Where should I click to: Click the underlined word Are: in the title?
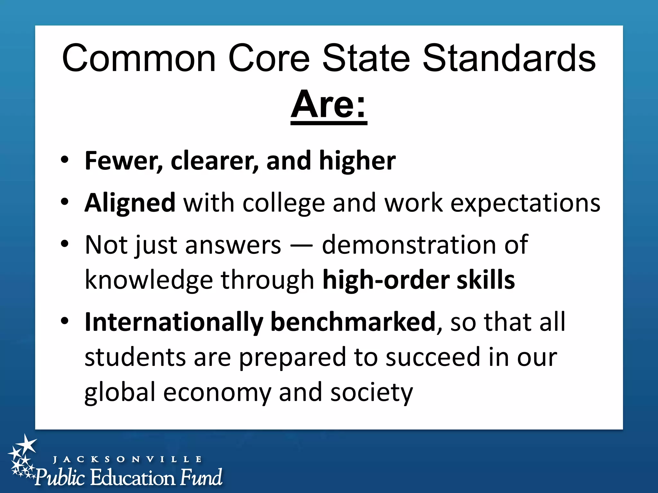[x=328, y=105]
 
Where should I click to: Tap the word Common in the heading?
[x=139, y=59]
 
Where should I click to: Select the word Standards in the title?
[x=509, y=59]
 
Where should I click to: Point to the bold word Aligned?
[x=130, y=203]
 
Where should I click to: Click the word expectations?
[x=525, y=203]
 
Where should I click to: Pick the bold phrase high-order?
[x=386, y=280]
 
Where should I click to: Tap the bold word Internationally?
[x=174, y=322]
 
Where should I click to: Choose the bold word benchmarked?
[x=353, y=322]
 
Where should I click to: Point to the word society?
[x=371, y=393]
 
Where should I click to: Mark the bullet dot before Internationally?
[x=65, y=321]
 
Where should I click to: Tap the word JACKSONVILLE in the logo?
[x=127, y=459]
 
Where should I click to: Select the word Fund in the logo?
[x=201, y=477]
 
